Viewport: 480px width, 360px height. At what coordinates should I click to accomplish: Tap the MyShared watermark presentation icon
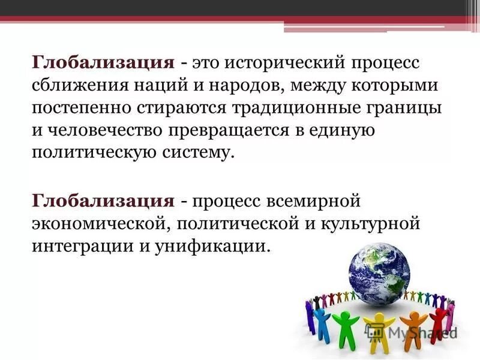376,331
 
